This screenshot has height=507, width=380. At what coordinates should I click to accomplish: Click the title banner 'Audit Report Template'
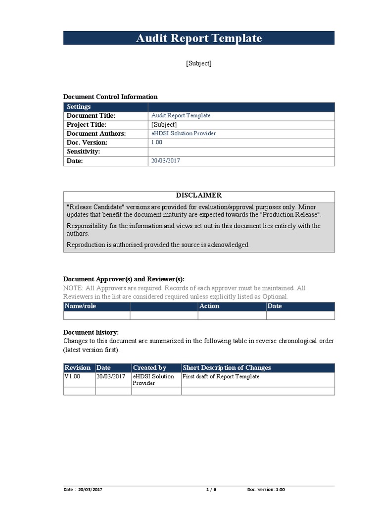tap(198, 38)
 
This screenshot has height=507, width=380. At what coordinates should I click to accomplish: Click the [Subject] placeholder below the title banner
tap(198, 63)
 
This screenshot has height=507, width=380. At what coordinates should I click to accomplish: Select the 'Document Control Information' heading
tap(110, 97)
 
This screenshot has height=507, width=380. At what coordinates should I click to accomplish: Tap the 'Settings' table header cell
tap(79, 107)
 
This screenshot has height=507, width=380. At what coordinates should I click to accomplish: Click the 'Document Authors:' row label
tap(96, 134)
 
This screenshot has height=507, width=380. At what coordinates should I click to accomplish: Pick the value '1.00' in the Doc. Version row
tap(157, 143)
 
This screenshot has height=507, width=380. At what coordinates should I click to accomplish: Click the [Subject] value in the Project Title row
tap(164, 125)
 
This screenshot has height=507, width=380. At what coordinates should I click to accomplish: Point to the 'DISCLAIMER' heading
tap(199, 196)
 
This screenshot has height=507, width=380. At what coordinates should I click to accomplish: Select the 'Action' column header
tap(209, 306)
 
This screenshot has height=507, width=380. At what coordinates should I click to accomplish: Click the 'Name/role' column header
tap(80, 306)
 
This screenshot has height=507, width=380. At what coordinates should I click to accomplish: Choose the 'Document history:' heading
tap(91, 332)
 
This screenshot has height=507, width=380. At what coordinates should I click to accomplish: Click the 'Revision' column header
tap(78, 368)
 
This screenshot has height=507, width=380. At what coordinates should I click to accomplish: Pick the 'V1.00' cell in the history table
tap(72, 377)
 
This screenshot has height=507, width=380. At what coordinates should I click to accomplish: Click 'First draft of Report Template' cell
tap(221, 377)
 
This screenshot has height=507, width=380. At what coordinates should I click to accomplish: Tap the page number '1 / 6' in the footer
tap(211, 490)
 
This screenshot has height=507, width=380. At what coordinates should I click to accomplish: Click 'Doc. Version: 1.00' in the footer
tap(266, 490)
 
